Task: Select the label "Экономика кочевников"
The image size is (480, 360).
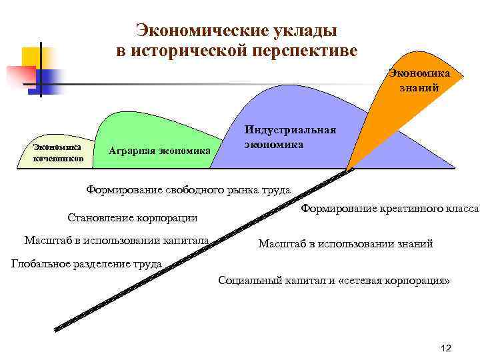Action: pyautogui.click(x=57, y=151)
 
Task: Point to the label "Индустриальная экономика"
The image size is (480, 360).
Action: pyautogui.click(x=290, y=137)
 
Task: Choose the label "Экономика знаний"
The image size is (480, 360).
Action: pyautogui.click(x=419, y=80)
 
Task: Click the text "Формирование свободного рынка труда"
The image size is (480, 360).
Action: pyautogui.click(x=189, y=190)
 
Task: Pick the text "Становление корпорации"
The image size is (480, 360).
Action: pyautogui.click(x=133, y=217)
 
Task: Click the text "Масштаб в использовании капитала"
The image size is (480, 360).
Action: pyautogui.click(x=116, y=240)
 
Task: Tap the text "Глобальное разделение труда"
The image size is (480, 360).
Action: pyautogui.click(x=87, y=263)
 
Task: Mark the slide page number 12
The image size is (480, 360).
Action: pyautogui.click(x=446, y=349)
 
